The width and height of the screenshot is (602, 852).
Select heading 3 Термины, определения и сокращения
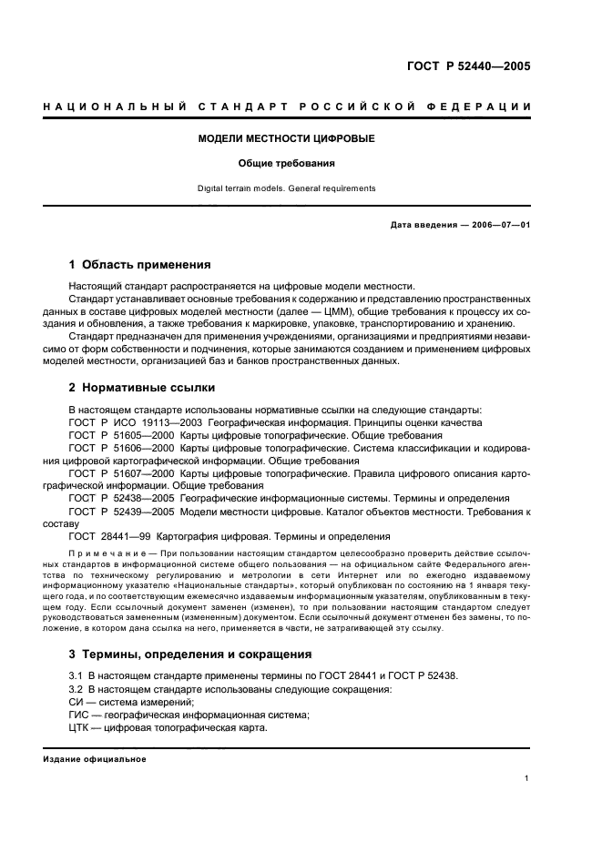[x=190, y=654]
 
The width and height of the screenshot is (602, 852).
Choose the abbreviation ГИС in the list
[x=80, y=715]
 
